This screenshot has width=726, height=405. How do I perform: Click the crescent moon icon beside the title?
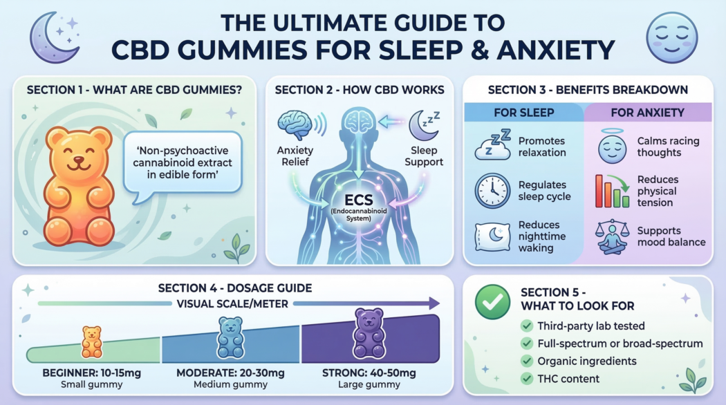point(53,38)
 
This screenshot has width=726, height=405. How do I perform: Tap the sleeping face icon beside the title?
point(671,38)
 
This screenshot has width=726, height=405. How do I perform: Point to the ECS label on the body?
point(358,200)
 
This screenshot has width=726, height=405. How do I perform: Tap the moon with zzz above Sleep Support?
point(424,126)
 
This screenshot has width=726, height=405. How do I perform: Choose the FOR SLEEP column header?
point(523,113)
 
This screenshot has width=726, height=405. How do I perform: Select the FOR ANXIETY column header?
point(647,113)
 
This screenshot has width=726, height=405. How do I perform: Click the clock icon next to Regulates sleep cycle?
point(492,191)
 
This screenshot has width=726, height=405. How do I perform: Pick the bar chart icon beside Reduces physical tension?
point(612,191)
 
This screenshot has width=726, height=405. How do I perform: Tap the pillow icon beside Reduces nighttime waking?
point(492,236)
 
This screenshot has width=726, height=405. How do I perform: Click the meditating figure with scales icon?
point(612,236)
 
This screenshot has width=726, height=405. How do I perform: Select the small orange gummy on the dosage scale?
point(92,342)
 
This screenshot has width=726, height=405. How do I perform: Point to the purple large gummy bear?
point(369,333)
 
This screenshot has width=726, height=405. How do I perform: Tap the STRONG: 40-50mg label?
point(369,373)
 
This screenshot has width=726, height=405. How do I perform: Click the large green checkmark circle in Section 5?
point(492,302)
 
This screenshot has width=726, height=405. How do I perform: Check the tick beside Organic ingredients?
point(526,361)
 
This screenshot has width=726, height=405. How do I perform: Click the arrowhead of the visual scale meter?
point(434,303)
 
